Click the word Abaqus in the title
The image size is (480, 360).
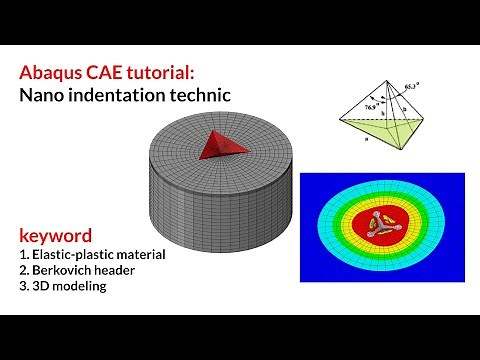[x=49, y=75]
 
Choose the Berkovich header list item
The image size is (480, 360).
[x=84, y=271]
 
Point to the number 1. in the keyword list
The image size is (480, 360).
[x=23, y=255]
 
